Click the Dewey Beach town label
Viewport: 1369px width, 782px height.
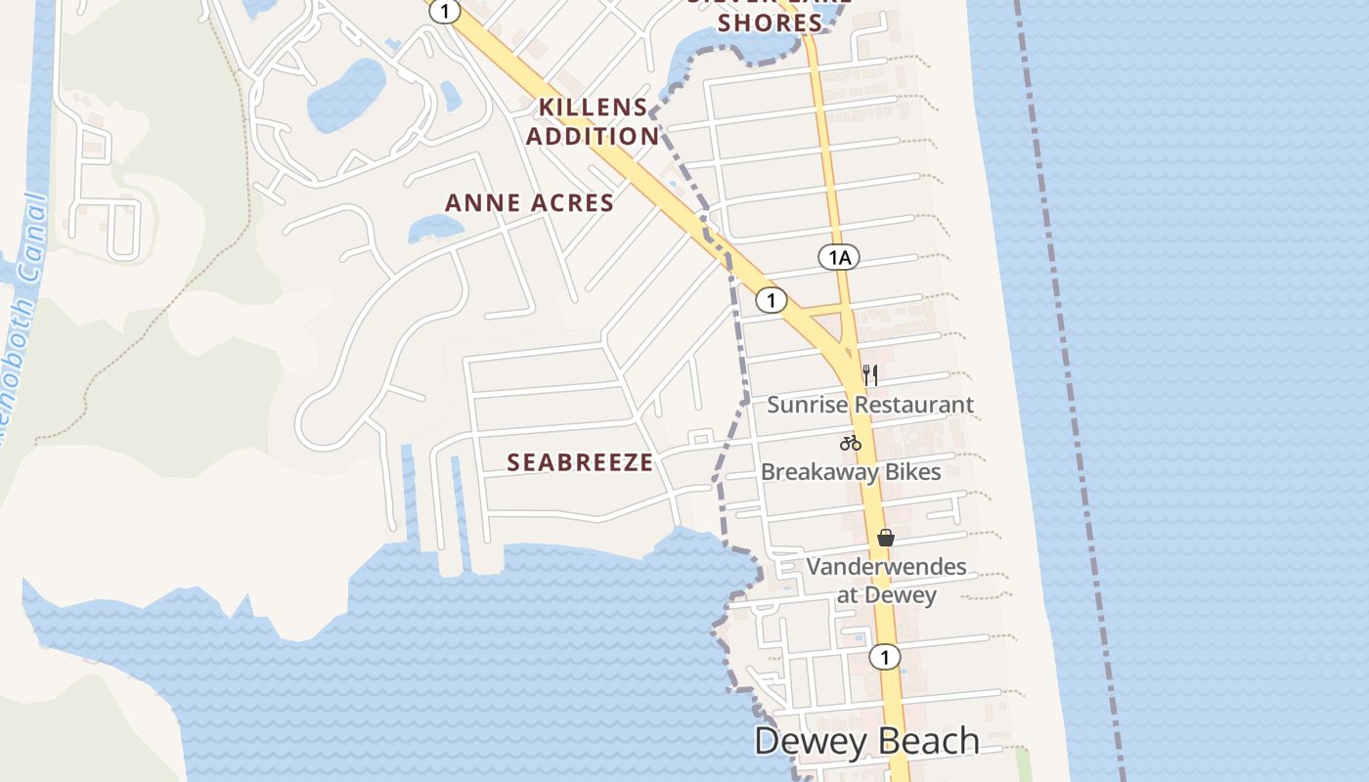click(866, 741)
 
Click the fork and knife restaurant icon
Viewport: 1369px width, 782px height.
click(870, 374)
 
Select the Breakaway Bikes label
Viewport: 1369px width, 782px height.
click(851, 472)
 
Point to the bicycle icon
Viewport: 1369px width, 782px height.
click(851, 443)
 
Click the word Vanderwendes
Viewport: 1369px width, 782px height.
click(886, 567)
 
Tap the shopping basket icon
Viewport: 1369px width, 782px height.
click(886, 538)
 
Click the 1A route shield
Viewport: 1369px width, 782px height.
click(838, 257)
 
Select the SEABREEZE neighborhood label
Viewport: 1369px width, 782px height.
click(580, 462)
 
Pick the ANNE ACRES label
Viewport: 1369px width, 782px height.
click(529, 203)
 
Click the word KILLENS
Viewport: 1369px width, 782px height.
click(594, 108)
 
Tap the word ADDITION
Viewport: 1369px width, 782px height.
click(593, 136)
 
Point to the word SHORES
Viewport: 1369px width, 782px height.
click(770, 22)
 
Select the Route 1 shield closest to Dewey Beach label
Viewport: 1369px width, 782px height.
click(885, 657)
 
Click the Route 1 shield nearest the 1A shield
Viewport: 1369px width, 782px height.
click(771, 300)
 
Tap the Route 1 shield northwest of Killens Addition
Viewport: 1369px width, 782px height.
click(445, 11)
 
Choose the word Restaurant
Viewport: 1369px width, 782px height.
click(916, 405)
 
